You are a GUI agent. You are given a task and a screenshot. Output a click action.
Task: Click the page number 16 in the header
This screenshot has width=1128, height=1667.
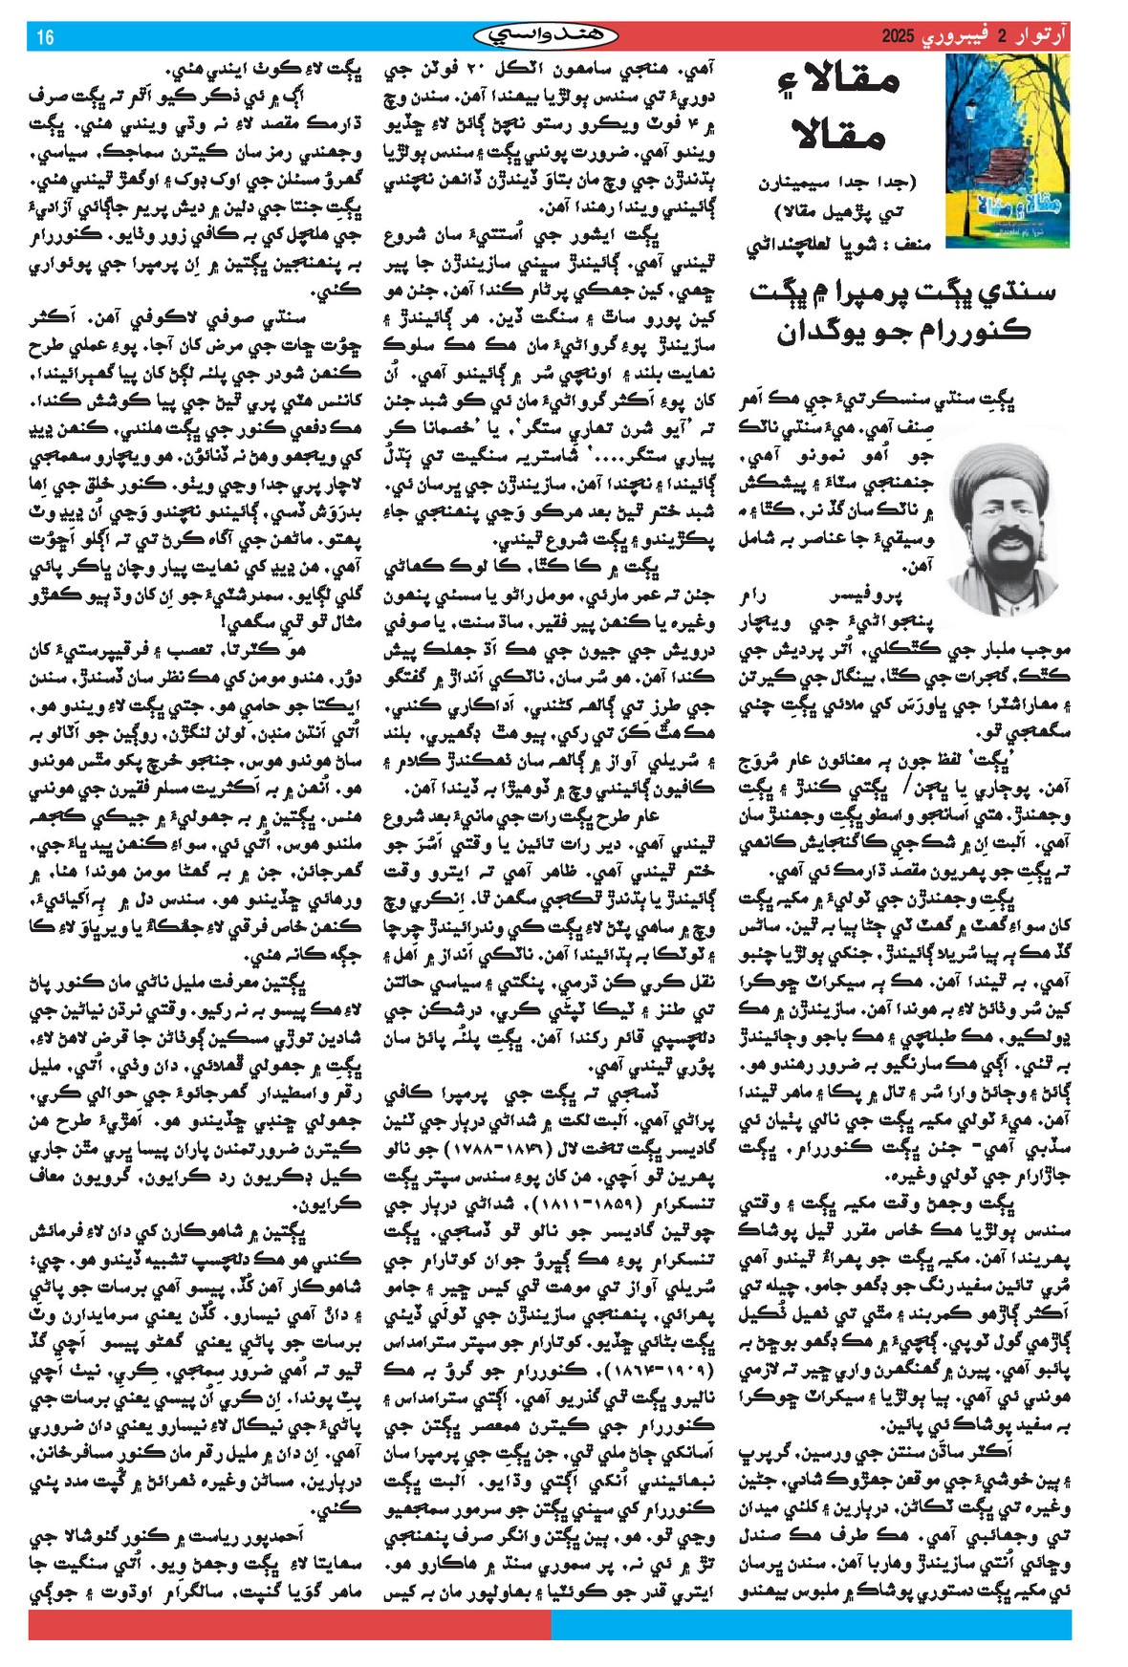pos(45,37)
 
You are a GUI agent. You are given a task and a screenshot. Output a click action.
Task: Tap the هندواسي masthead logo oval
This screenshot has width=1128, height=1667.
pos(547,37)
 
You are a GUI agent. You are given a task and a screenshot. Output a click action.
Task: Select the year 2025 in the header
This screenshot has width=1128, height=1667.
pos(899,37)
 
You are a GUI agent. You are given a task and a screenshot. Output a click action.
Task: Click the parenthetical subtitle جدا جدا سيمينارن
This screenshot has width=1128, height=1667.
pos(837,182)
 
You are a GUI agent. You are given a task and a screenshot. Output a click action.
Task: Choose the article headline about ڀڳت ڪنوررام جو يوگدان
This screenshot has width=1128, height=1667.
pos(903,311)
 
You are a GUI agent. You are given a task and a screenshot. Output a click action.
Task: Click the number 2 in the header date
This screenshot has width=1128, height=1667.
pos(1003,37)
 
